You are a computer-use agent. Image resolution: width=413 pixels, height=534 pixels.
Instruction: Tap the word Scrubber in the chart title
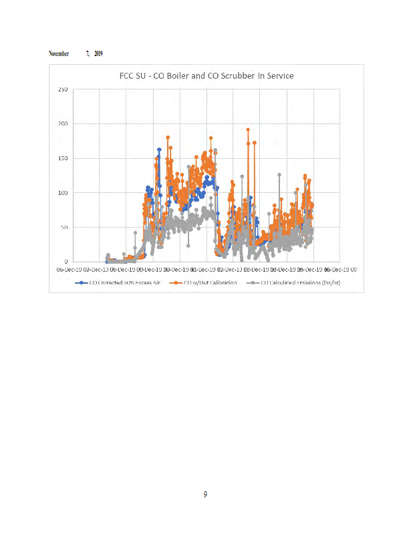coord(240,76)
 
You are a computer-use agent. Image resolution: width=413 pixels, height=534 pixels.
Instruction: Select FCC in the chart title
coord(127,76)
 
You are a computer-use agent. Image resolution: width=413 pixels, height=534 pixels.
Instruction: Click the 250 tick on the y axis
coord(61,89)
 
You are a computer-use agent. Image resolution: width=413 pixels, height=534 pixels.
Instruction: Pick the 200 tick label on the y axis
coord(61,124)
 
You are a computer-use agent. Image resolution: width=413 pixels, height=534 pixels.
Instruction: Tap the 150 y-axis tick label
coord(61,158)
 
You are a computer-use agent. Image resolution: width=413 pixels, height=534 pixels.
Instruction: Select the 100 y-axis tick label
coord(61,193)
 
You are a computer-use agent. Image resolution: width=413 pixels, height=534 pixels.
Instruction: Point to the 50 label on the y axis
coord(63,228)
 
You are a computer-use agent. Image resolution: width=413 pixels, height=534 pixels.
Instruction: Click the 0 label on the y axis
coord(65,262)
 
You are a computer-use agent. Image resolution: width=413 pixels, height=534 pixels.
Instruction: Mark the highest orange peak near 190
coord(248,130)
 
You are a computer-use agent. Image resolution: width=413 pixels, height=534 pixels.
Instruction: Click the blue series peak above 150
coord(159,150)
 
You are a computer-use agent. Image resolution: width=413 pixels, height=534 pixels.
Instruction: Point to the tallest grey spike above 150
coord(215,150)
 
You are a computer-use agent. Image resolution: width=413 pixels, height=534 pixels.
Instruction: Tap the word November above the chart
coord(59,53)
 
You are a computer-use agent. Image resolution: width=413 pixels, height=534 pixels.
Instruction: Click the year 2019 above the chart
coord(98,53)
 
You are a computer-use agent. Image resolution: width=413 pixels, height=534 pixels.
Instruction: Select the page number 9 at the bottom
coord(206,495)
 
